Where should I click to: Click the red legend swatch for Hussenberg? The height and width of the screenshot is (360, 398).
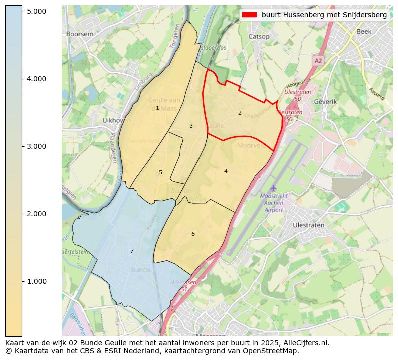(250, 15)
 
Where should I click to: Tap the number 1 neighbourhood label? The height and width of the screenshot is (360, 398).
(157, 108)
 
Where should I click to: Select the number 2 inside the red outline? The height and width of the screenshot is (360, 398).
(240, 113)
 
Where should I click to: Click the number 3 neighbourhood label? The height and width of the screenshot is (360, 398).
(191, 126)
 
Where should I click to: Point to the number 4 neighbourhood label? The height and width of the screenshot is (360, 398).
(226, 171)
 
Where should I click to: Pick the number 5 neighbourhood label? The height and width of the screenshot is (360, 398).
(160, 172)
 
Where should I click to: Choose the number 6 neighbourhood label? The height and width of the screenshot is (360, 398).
(193, 234)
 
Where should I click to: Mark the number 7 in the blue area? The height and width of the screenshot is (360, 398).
(132, 251)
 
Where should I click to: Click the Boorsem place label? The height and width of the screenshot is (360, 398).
(80, 34)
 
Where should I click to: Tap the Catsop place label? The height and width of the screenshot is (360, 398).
(259, 36)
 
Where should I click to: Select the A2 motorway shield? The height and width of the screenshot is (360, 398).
(318, 60)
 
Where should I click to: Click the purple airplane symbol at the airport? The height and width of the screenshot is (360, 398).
(273, 187)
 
